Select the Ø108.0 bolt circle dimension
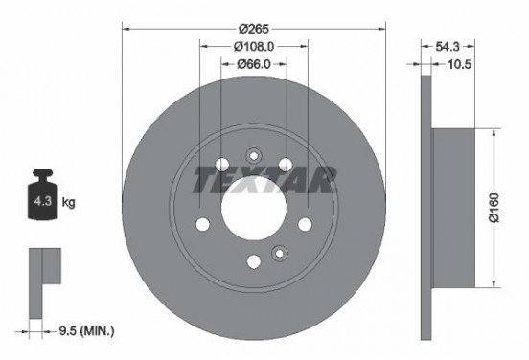click(x=253, y=44)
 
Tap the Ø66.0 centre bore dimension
click(x=253, y=64)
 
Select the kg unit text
click(x=69, y=203)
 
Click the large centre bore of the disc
click(x=253, y=205)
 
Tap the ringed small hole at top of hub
click(x=254, y=156)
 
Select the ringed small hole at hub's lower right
click(x=280, y=253)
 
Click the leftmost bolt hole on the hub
click(x=202, y=224)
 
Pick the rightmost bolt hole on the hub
click(x=305, y=223)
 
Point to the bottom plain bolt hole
click(x=253, y=260)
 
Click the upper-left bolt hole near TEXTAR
click(x=222, y=164)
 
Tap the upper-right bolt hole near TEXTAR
click(x=285, y=164)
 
